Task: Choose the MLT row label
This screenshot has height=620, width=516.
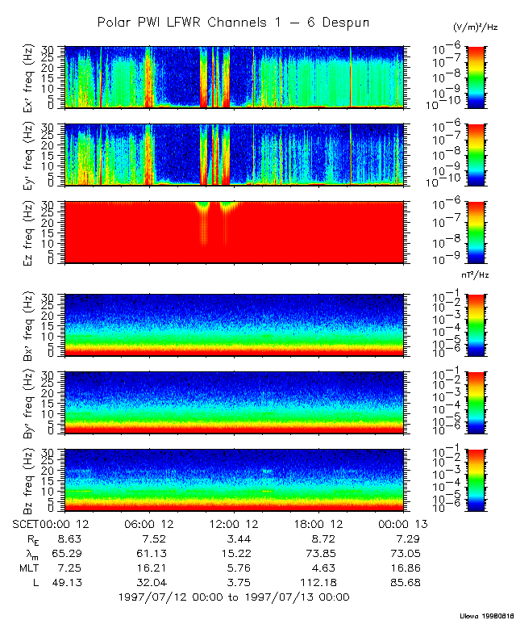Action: click(28, 568)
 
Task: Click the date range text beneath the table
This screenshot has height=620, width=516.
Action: click(234, 597)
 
